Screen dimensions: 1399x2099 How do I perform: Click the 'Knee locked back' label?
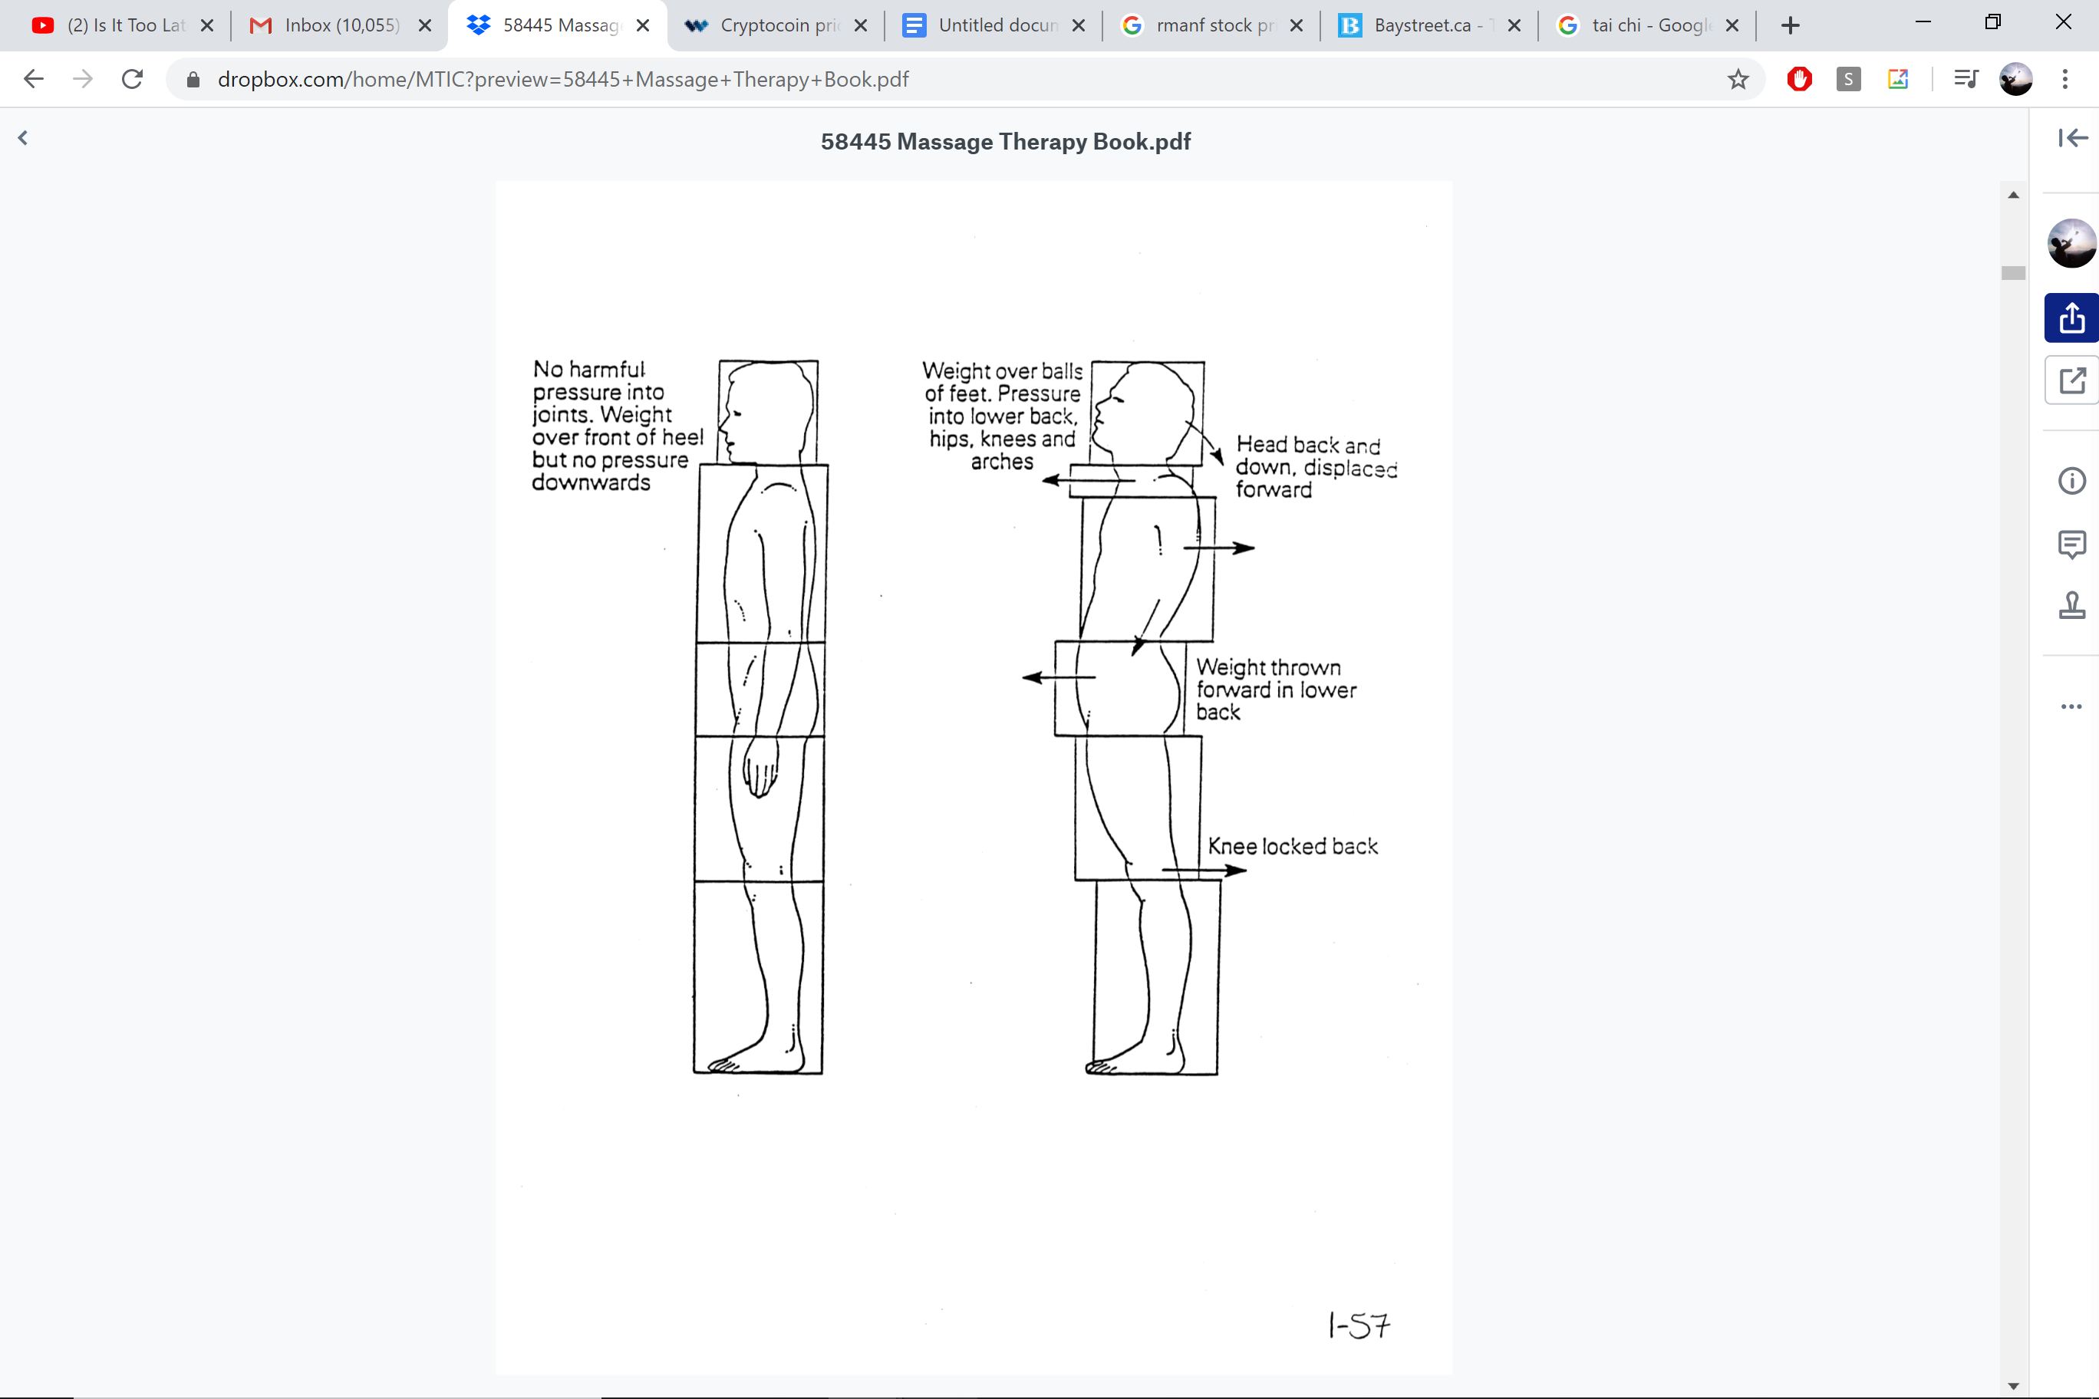point(1292,846)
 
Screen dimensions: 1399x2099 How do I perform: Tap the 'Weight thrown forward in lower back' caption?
point(1275,690)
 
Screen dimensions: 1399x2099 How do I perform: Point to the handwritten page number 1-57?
point(1358,1326)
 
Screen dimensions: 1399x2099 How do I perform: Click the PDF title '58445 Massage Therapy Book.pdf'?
point(1005,142)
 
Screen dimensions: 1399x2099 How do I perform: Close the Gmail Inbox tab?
point(425,26)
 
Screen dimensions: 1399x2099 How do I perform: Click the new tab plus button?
point(1791,26)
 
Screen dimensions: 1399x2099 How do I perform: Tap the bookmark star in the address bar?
point(1738,80)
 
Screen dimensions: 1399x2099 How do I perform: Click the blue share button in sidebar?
point(2071,318)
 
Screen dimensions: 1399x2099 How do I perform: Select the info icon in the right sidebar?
point(2071,482)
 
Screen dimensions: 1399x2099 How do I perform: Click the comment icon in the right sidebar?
point(2071,543)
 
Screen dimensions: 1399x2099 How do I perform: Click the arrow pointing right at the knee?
point(1204,870)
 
